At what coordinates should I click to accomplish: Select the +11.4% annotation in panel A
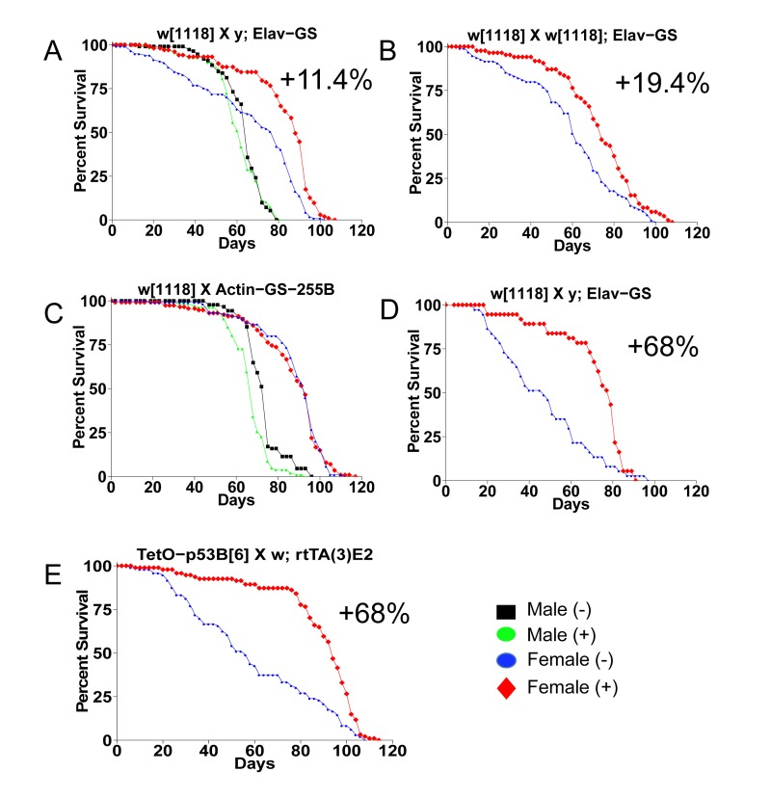click(x=326, y=80)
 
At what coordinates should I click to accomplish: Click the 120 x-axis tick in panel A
click(x=362, y=232)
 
